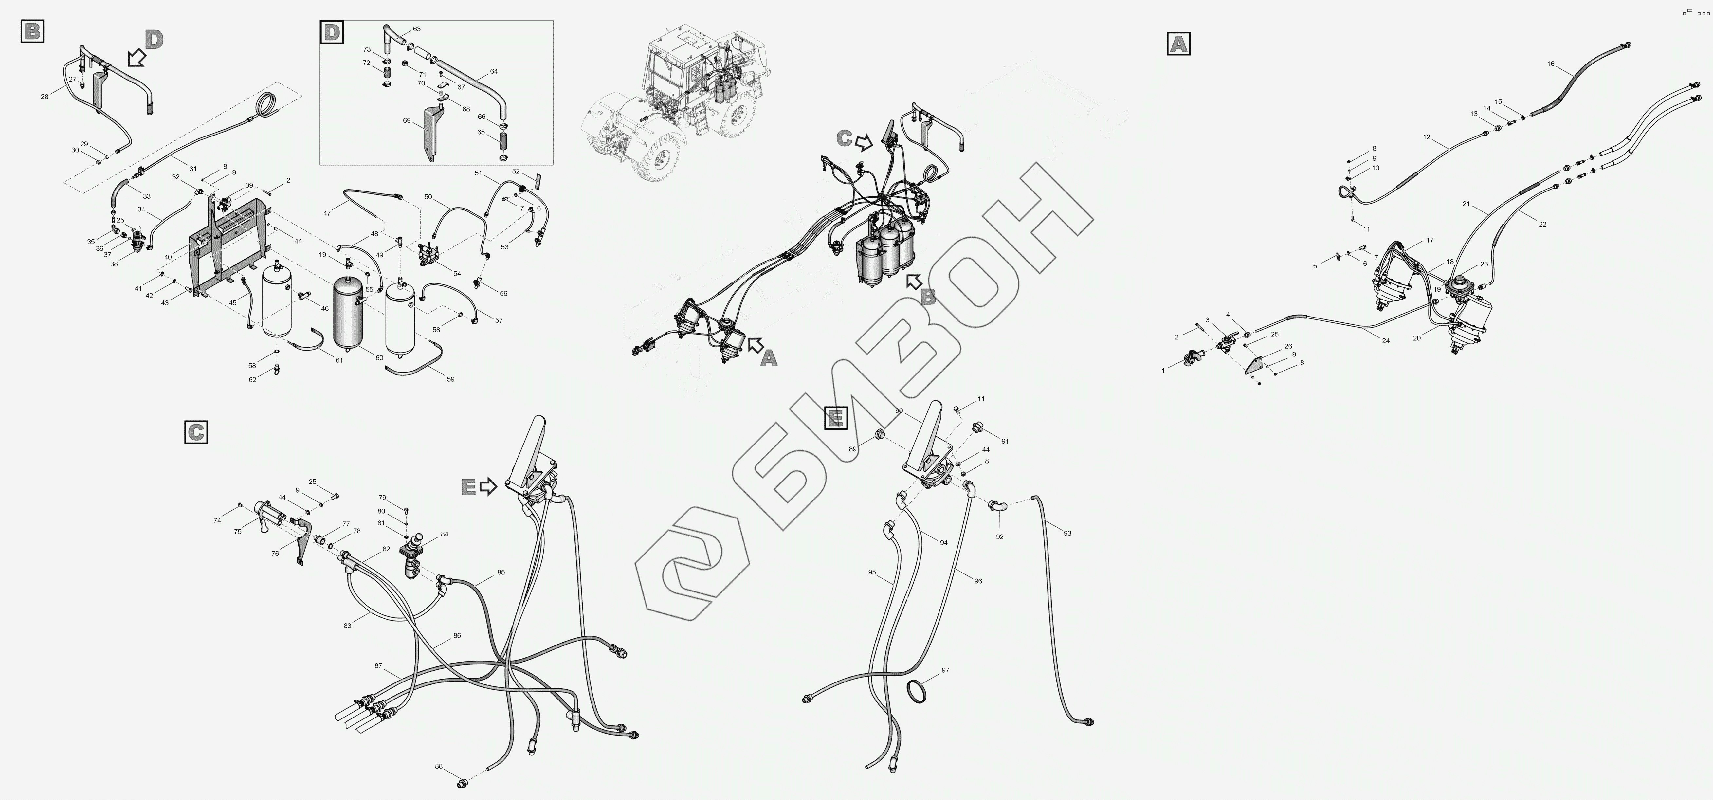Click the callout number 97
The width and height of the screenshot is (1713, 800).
[x=946, y=670]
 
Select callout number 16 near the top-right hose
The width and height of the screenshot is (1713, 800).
[x=1551, y=64]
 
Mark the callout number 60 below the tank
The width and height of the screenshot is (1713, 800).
[x=379, y=358]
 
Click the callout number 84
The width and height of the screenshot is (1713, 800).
[x=444, y=534]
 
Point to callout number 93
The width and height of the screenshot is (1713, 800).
[x=1067, y=533]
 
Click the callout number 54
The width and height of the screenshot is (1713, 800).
[x=457, y=273]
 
